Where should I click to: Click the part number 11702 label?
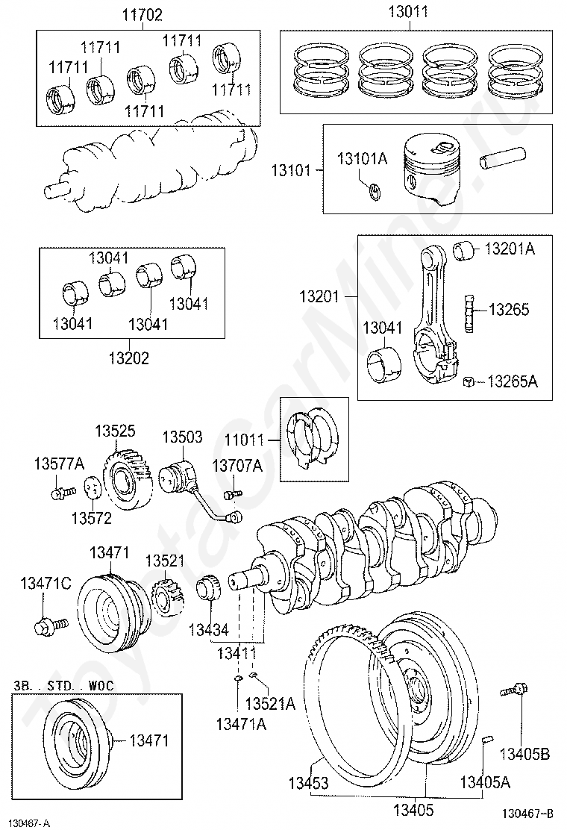point(142,15)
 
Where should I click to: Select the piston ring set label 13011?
point(408,12)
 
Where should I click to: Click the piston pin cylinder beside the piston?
point(503,157)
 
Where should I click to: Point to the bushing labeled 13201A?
point(463,250)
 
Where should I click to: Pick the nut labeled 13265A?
point(468,381)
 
